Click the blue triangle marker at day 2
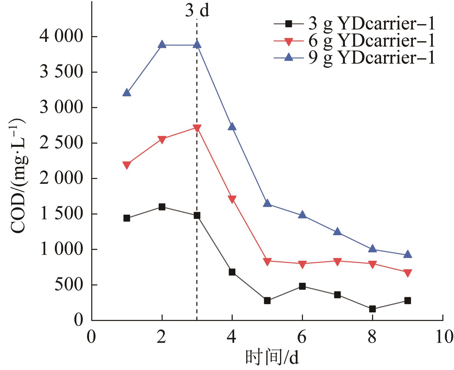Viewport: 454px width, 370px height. click(x=162, y=45)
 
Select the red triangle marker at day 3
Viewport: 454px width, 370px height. click(x=197, y=128)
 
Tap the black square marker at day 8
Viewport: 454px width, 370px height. click(x=372, y=309)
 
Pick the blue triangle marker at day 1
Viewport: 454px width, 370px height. click(x=127, y=93)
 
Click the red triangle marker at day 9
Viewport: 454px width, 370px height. click(x=407, y=273)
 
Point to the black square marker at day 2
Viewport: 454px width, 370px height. click(x=162, y=207)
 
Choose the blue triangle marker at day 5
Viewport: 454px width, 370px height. click(x=267, y=203)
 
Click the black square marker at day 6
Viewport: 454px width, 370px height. click(x=302, y=286)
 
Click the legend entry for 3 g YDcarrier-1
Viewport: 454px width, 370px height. click(x=354, y=24)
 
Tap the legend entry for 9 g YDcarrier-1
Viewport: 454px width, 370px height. click(x=354, y=58)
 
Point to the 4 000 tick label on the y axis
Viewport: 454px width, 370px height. click(x=61, y=37)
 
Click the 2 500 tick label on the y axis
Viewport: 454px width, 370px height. click(x=61, y=143)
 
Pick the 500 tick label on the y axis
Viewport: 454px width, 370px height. click(x=69, y=285)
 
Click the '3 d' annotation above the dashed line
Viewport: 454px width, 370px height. click(x=197, y=11)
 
